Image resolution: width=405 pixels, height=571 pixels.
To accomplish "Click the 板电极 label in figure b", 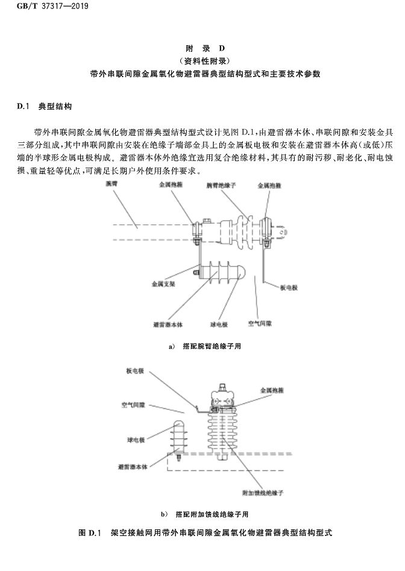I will click(134, 371).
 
